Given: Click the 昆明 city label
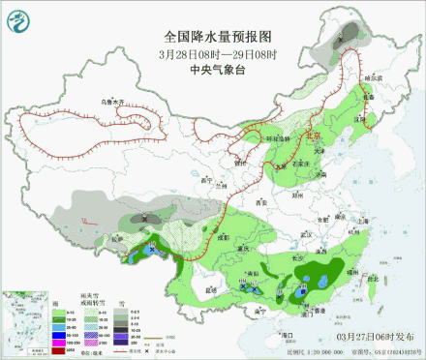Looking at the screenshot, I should coord(201,287).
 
